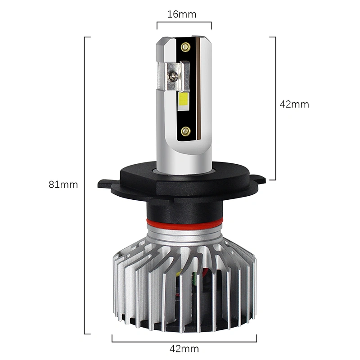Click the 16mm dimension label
(182, 14)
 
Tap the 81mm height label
(63, 184)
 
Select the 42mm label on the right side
(294, 104)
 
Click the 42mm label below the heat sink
(184, 349)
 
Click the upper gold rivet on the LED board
(185, 47)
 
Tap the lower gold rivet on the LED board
(185, 131)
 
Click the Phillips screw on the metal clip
(173, 76)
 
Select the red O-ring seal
(185, 222)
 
